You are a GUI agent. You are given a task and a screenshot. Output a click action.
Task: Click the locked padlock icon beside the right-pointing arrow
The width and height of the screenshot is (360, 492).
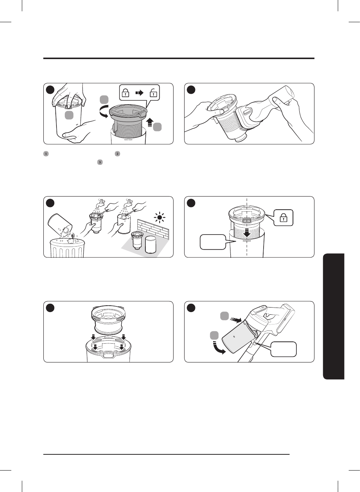126,93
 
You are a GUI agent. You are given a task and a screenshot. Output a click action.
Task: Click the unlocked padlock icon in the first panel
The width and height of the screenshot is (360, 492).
153,93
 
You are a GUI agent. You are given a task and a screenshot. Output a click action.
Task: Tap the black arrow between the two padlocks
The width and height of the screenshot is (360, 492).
139,93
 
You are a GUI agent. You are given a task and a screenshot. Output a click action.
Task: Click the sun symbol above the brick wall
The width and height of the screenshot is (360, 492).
160,218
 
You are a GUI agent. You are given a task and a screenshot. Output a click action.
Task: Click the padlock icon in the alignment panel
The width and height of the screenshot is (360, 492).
284,218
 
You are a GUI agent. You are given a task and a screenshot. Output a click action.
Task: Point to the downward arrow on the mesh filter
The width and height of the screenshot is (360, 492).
247,232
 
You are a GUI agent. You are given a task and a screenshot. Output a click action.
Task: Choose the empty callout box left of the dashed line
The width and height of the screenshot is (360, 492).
213,242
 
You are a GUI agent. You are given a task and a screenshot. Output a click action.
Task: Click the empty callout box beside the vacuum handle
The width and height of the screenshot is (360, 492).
284,349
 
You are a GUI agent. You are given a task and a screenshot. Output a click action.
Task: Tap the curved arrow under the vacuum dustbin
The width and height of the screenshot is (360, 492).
218,348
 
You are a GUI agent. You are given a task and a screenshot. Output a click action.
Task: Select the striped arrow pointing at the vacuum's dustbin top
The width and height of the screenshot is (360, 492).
236,320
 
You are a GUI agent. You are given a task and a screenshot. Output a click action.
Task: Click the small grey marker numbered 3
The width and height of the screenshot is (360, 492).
100,162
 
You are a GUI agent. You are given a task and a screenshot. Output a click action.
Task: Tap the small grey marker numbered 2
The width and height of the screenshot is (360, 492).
117,154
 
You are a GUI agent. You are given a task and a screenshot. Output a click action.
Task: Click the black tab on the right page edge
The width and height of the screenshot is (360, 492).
333,316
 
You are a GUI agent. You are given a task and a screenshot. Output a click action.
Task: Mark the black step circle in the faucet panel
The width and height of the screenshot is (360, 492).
50,203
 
